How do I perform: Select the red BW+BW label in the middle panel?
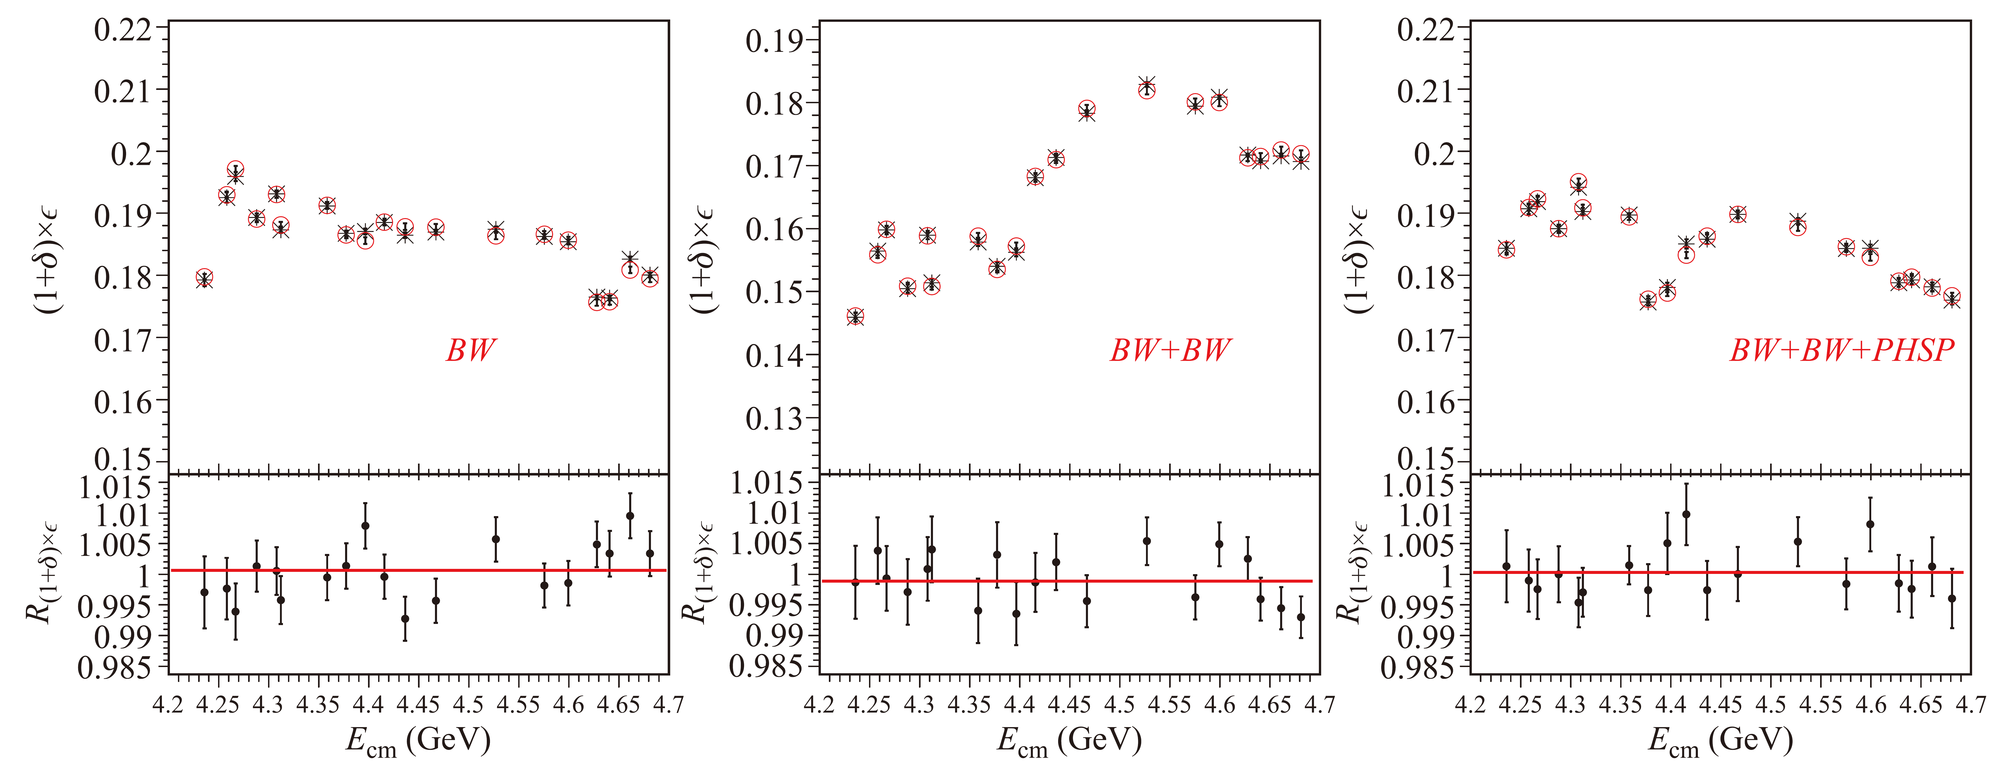coord(1170,350)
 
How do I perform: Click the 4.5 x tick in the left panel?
coord(469,705)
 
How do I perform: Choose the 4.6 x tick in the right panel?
coord(1871,705)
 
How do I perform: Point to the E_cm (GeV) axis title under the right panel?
coord(1721,741)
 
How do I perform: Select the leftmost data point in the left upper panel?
coord(205,279)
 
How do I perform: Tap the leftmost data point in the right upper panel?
coord(1507,249)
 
